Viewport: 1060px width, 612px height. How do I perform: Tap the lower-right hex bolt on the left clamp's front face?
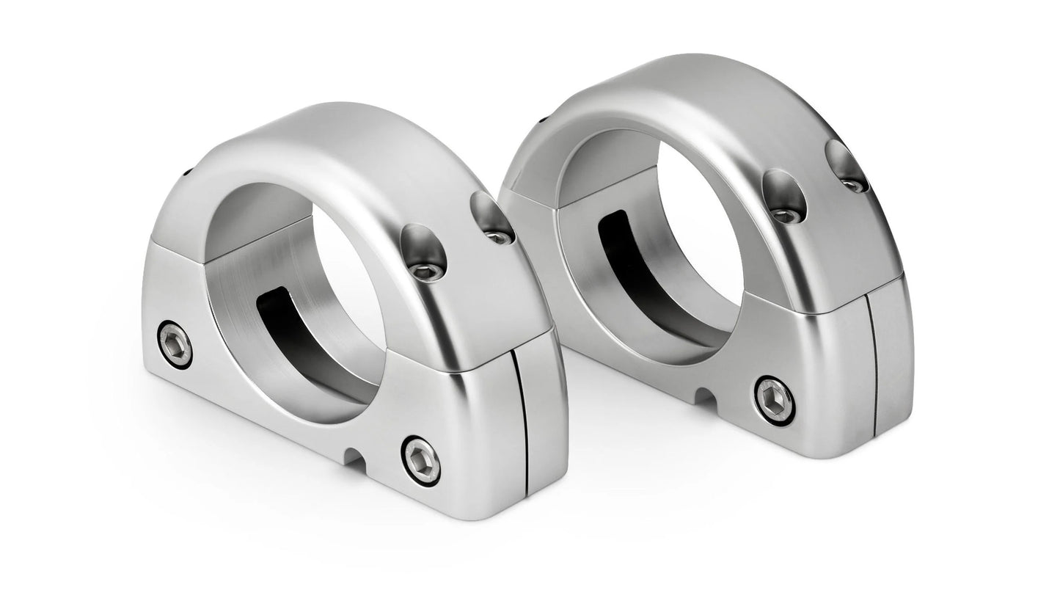422,459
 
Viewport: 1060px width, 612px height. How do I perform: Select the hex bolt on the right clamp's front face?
775,400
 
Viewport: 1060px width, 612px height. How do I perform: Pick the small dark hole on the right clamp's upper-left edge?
544,117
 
